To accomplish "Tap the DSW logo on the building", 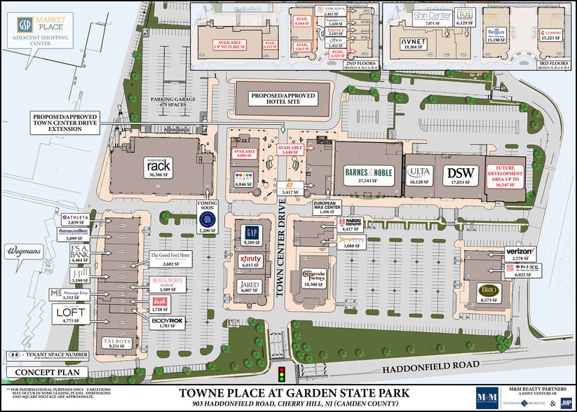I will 459,172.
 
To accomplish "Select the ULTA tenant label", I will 419,172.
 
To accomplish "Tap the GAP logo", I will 251,232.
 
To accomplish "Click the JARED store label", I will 250,285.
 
